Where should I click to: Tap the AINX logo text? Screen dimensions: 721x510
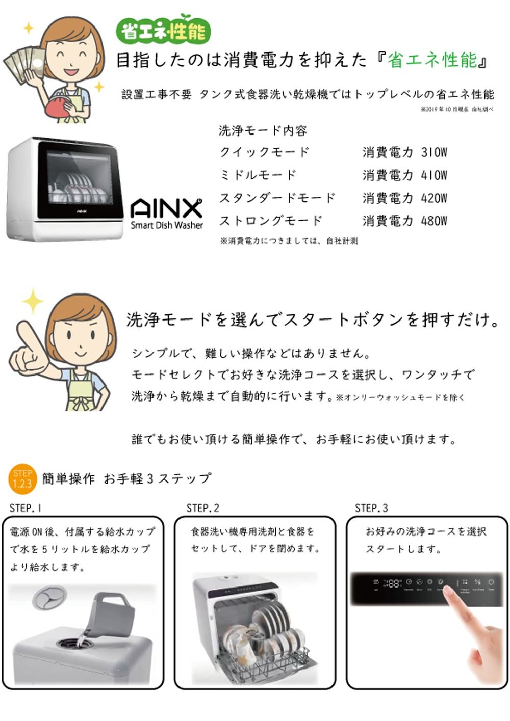pyautogui.click(x=166, y=208)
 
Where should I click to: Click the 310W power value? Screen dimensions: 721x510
pyautogui.click(x=433, y=152)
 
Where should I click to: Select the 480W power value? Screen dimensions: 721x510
pyautogui.click(x=433, y=221)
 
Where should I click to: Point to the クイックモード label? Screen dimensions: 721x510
pyautogui.click(x=264, y=152)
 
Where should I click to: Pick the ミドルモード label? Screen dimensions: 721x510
pyautogui.click(x=258, y=175)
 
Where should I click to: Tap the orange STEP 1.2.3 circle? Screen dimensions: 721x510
pyautogui.click(x=22, y=479)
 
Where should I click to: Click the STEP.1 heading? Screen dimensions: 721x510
pyautogui.click(x=25, y=508)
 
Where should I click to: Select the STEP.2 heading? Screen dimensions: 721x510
pyautogui.click(x=202, y=508)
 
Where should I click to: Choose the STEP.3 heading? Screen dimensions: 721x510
pyautogui.click(x=371, y=508)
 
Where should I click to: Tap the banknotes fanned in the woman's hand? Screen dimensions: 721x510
pyautogui.click(x=23, y=64)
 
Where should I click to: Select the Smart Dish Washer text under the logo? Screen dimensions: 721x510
pyautogui.click(x=167, y=225)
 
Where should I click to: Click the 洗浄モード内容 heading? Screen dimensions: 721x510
pyautogui.click(x=263, y=131)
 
